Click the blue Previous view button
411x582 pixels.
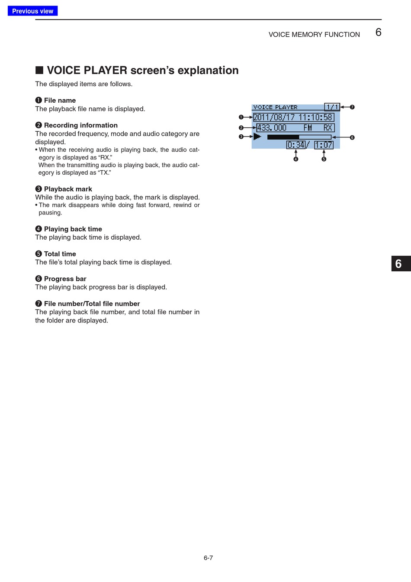click(32, 11)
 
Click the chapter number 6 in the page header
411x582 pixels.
click(378, 33)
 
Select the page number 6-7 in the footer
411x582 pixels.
click(208, 558)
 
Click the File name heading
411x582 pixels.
click(60, 100)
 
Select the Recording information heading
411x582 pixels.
click(80, 125)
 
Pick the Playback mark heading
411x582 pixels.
click(68, 189)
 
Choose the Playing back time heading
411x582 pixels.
click(73, 229)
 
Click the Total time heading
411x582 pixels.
click(60, 254)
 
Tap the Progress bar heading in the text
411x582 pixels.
click(65, 279)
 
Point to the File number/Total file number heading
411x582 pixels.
click(92, 304)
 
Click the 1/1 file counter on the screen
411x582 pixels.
click(332, 107)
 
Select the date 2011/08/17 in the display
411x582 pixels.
click(274, 117)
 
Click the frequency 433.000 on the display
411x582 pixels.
click(272, 128)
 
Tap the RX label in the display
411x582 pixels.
click(328, 128)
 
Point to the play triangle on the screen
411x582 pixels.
click(257, 137)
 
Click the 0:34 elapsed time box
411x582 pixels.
click(296, 145)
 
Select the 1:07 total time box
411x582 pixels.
click(324, 145)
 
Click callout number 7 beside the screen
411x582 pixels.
click(352, 107)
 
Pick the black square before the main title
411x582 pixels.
click(39, 70)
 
